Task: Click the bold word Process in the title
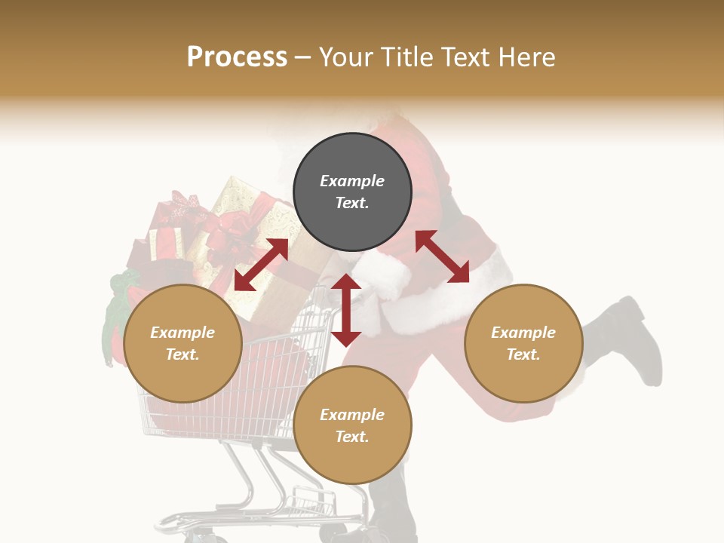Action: pos(237,57)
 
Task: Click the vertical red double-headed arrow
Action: pos(346,310)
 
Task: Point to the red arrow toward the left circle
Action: pos(261,265)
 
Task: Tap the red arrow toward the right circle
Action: pos(442,256)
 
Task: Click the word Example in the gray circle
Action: pos(352,181)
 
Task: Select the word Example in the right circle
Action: pos(523,333)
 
